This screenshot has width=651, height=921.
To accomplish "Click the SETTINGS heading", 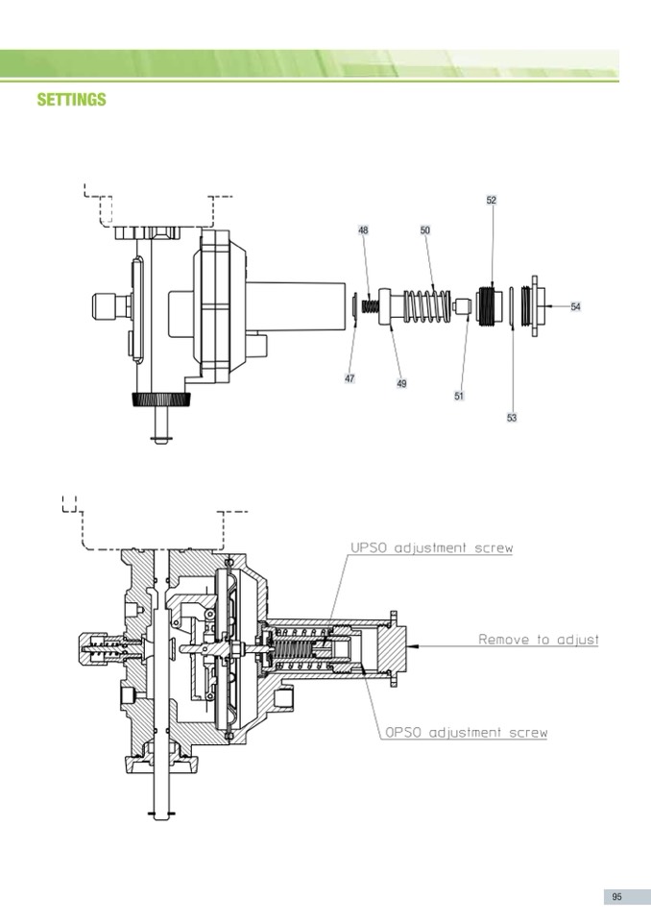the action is point(72,99).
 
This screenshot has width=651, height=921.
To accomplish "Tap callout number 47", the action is point(350,378).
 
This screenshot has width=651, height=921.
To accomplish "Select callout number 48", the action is point(363,230).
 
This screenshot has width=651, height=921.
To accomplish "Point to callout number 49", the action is point(401,383).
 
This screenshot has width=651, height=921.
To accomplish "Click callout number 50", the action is point(425,230).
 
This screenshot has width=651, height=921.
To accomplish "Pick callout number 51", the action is point(459,396).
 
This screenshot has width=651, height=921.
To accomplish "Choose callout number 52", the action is point(492,201).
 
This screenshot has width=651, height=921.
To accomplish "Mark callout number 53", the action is point(512,418).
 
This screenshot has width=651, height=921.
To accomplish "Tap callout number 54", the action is point(575,306).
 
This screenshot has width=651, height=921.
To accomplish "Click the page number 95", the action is point(617,897).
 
